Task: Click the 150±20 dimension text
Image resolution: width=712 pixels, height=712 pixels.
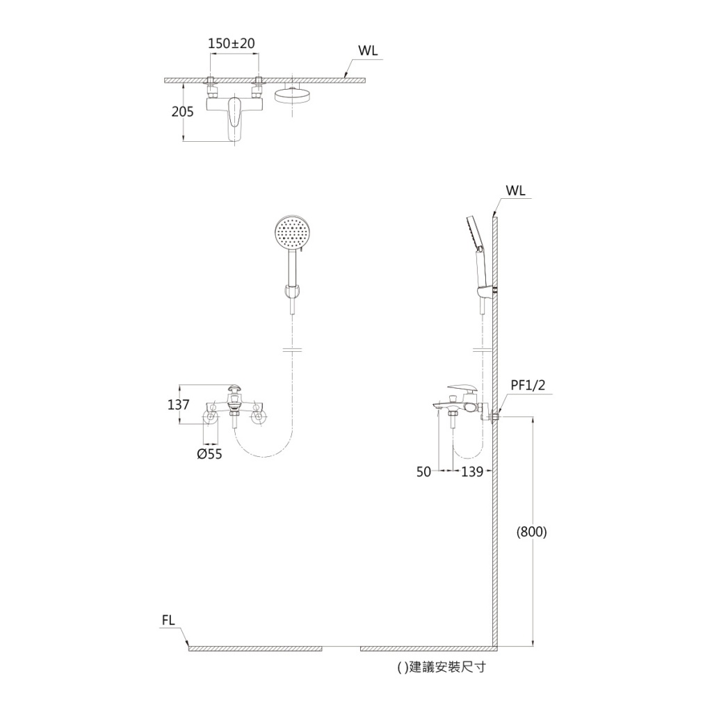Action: click(x=232, y=44)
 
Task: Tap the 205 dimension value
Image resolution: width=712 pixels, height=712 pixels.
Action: click(x=183, y=112)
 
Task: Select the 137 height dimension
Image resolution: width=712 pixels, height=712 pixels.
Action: click(x=179, y=404)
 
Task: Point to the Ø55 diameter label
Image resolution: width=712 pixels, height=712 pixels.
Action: click(x=210, y=453)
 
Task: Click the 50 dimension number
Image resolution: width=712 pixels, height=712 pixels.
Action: click(x=423, y=472)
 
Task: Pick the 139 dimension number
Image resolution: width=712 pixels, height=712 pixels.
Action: click(x=472, y=472)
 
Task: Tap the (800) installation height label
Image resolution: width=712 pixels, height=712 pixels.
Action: click(x=532, y=532)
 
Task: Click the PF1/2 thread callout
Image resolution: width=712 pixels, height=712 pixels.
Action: click(x=528, y=385)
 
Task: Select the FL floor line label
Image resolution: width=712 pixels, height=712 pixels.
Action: click(x=168, y=620)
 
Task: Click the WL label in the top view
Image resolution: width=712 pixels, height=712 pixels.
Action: click(x=368, y=50)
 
